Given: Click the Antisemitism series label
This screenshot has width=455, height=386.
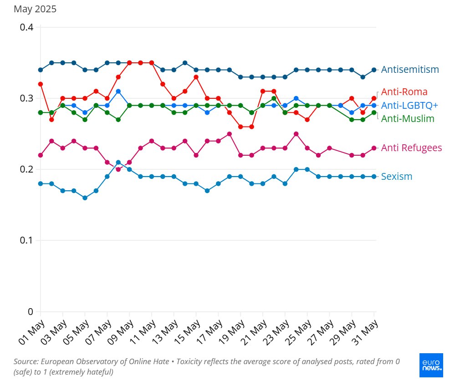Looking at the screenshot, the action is click(x=410, y=70).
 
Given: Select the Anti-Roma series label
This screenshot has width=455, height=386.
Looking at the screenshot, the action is click(x=404, y=92).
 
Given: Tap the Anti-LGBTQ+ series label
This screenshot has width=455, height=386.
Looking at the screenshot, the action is click(x=409, y=105).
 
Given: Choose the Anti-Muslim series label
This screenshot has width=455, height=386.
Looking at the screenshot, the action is click(x=408, y=119).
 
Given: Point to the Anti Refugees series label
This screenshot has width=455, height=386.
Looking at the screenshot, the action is click(x=411, y=148).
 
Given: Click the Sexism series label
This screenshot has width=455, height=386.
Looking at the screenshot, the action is click(x=396, y=177).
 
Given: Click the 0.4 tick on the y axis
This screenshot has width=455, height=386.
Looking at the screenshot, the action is click(x=26, y=27).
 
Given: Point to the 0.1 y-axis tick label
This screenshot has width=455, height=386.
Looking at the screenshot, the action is click(x=26, y=240).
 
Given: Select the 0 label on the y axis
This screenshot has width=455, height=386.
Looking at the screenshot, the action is click(x=31, y=311).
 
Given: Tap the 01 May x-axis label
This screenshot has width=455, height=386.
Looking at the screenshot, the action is click(x=31, y=332).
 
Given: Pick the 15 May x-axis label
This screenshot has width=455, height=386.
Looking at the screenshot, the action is click(x=187, y=332).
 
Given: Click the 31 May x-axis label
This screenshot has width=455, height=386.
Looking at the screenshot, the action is click(x=365, y=332).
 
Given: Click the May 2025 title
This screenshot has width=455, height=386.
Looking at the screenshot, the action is click(x=35, y=9).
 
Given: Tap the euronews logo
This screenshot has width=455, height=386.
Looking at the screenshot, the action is click(x=431, y=365).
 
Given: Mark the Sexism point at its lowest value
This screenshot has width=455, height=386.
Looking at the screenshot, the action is click(x=85, y=198).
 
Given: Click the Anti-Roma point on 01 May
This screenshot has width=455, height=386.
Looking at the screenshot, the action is click(x=41, y=84).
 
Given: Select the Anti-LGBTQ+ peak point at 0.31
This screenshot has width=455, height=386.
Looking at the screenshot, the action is click(x=118, y=91).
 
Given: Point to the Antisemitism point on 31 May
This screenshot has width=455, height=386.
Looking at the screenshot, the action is click(x=374, y=70).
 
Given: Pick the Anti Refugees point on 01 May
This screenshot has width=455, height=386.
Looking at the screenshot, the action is click(x=41, y=155).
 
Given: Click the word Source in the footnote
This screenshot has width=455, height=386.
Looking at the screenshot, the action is click(x=26, y=361).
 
